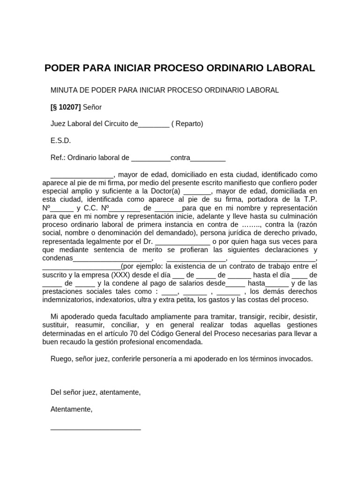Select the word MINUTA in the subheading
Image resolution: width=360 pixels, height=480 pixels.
pos(64,90)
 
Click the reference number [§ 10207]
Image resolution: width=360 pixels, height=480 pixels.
pos(66,107)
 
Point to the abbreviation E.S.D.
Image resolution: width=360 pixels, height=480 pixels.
pos(60,141)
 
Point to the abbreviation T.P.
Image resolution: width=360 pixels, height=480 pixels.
pos(310,200)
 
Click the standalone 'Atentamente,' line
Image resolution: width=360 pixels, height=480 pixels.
pos(71,409)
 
